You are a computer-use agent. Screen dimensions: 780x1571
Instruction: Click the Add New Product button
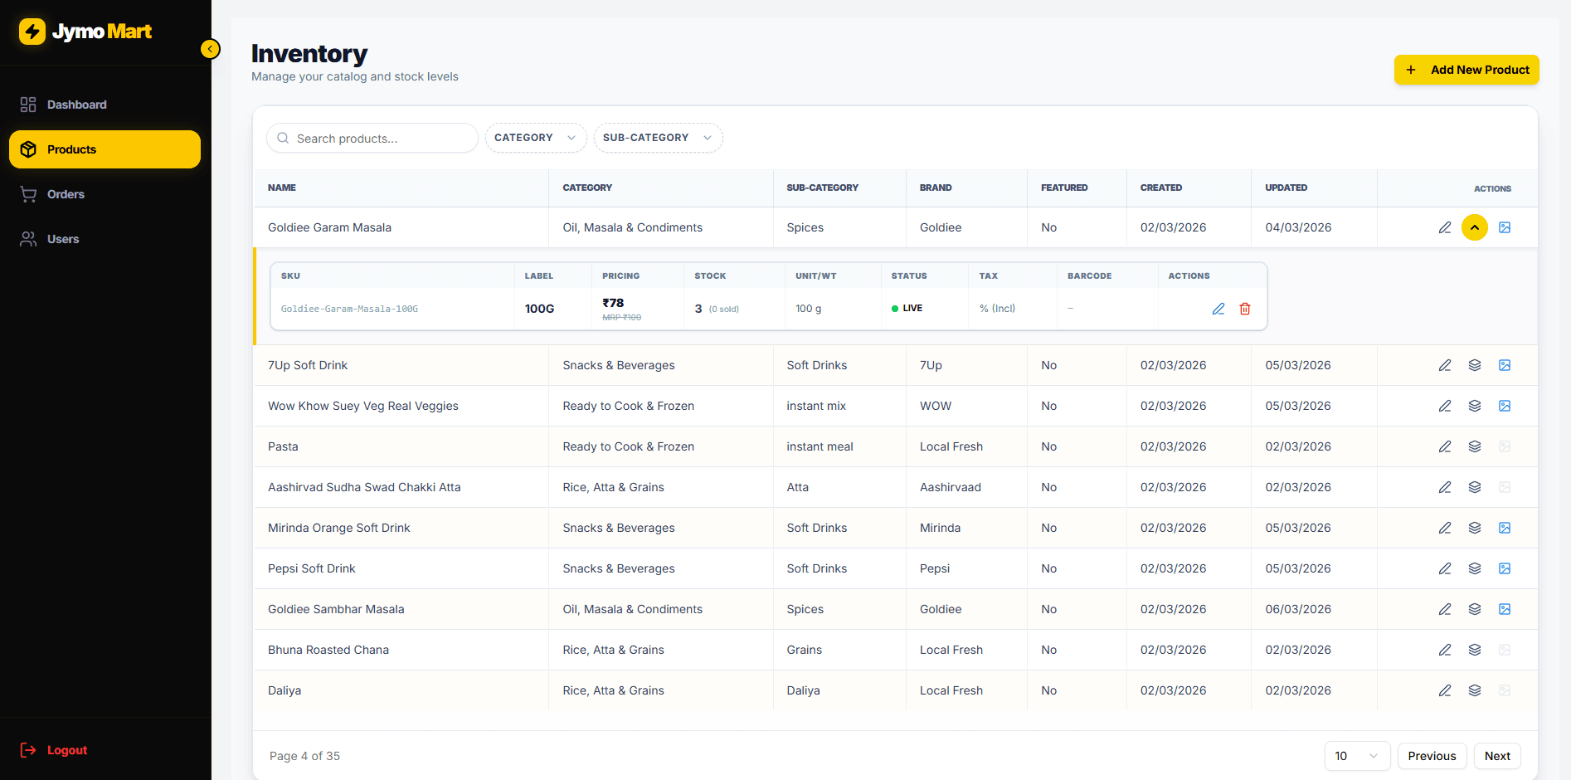[x=1466, y=70]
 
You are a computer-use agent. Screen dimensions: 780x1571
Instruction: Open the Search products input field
[x=373, y=139]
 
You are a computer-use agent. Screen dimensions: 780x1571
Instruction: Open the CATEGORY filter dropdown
[x=535, y=138]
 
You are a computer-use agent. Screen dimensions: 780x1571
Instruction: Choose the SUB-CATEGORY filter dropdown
[x=657, y=138]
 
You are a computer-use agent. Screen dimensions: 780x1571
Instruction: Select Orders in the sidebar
[x=66, y=194]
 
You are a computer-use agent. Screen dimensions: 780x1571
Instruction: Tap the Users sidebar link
[x=63, y=239]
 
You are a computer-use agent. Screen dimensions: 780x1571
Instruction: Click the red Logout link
[x=66, y=750]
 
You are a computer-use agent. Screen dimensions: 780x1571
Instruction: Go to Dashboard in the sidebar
[x=76, y=105]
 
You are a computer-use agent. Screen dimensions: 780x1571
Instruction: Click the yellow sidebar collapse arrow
[x=211, y=49]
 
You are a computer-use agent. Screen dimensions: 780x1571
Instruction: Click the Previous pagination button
[x=1432, y=756]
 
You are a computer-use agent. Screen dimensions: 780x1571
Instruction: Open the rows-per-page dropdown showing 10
[x=1356, y=756]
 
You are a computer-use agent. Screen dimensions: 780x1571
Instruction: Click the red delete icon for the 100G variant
[x=1245, y=309]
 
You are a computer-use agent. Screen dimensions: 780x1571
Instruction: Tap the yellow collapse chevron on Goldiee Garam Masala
[x=1475, y=227]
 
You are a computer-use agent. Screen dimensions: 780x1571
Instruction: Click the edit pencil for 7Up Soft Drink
[x=1445, y=365]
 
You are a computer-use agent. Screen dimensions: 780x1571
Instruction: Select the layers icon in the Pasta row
[x=1475, y=446]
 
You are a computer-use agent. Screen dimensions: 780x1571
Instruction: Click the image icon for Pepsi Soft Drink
[x=1505, y=568]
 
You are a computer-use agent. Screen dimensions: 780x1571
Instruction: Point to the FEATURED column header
[x=1064, y=188]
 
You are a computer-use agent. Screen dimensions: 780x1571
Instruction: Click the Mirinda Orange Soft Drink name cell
[x=338, y=528]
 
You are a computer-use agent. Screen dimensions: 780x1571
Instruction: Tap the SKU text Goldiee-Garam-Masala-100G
[x=349, y=309]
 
